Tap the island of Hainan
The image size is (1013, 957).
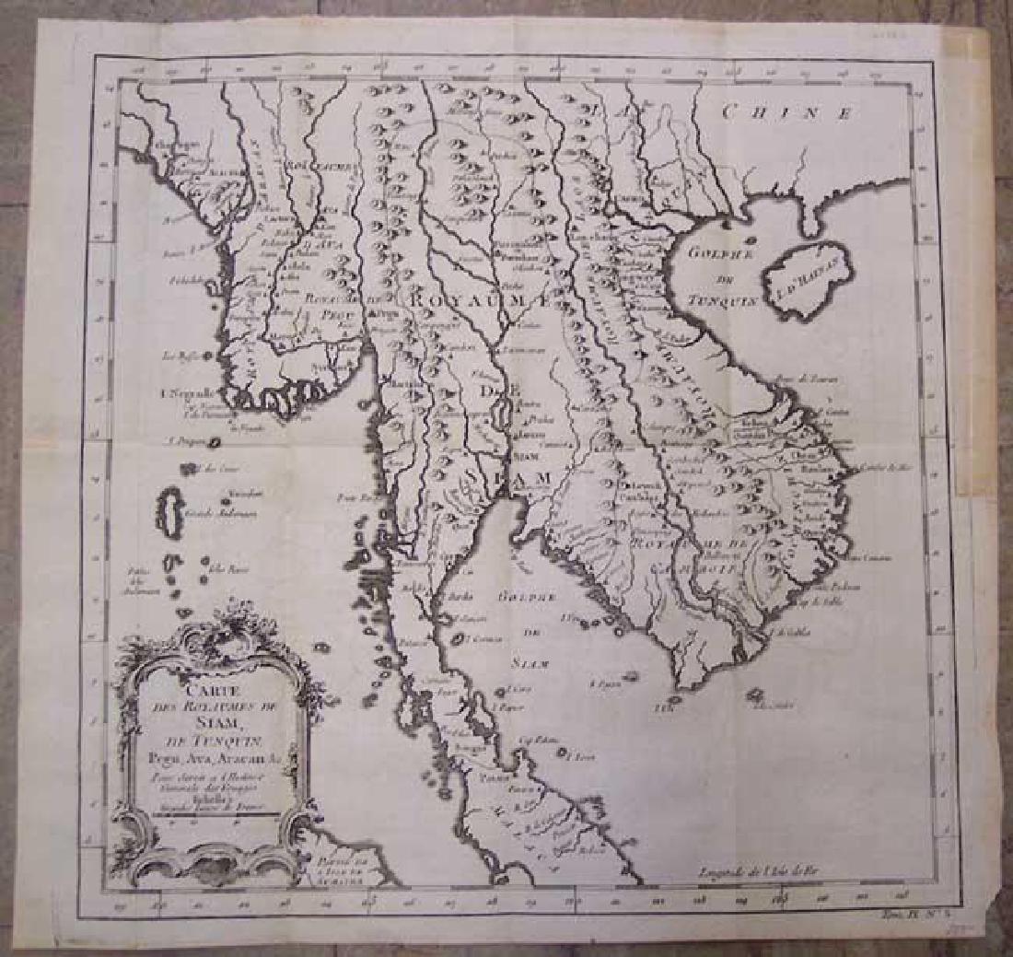[x=808, y=274]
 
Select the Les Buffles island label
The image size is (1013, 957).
[x=178, y=355]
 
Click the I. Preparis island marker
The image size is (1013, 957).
[x=214, y=442]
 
